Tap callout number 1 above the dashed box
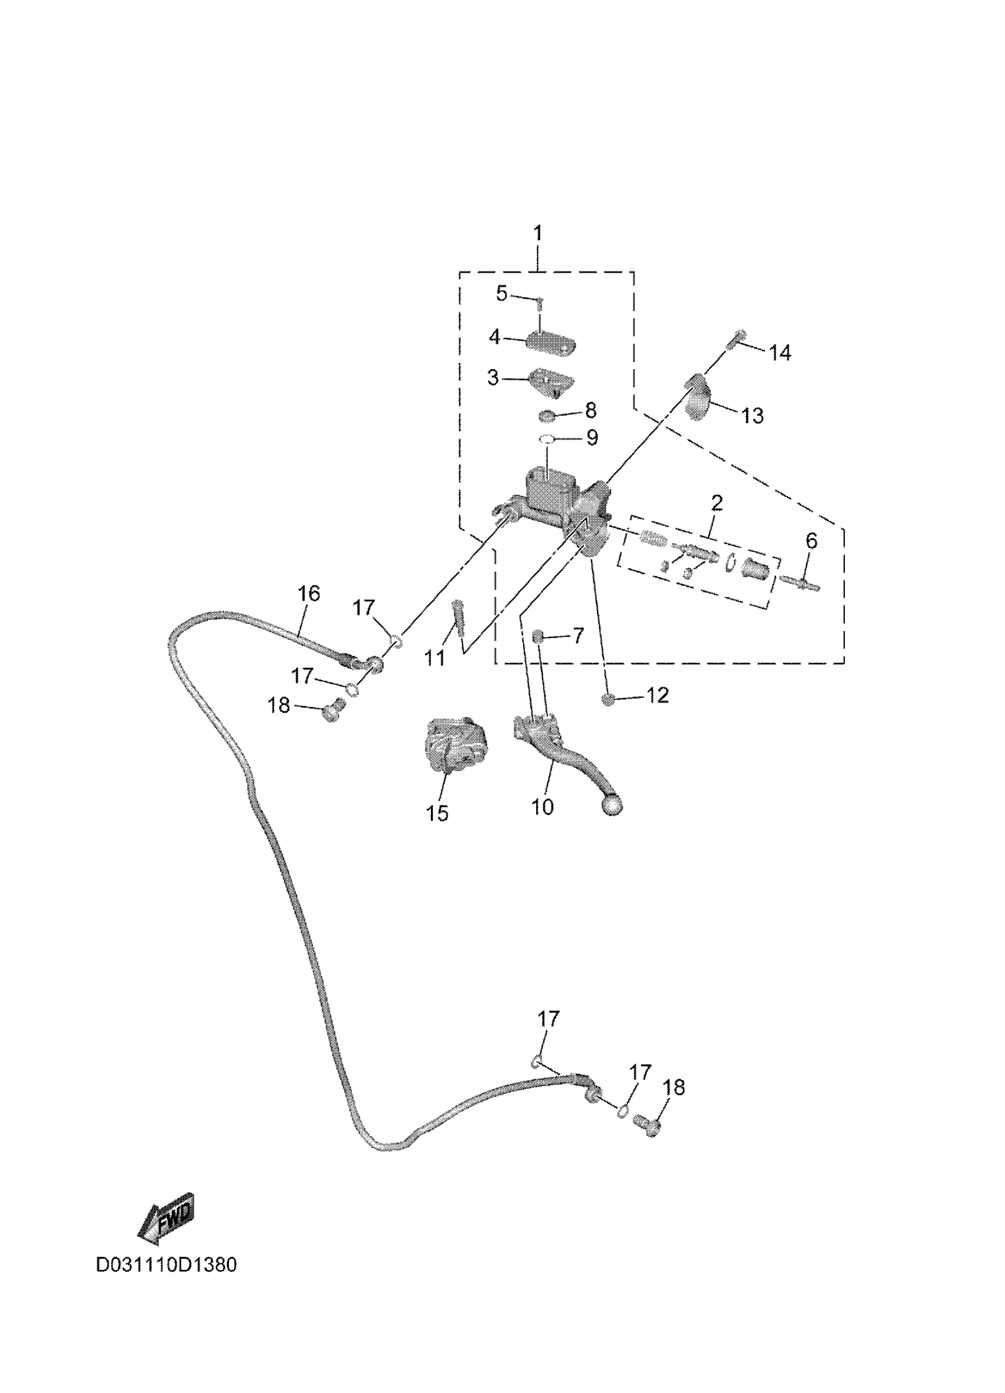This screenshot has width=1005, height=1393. [x=538, y=234]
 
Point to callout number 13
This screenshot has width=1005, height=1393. [x=753, y=416]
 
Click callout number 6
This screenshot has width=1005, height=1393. [x=812, y=541]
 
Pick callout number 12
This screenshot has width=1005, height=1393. [x=657, y=695]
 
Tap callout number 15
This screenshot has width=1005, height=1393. [x=437, y=813]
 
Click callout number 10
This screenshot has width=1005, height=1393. [x=542, y=806]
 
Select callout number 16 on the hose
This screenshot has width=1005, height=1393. [x=309, y=593]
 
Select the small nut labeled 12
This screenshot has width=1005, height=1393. [x=608, y=700]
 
